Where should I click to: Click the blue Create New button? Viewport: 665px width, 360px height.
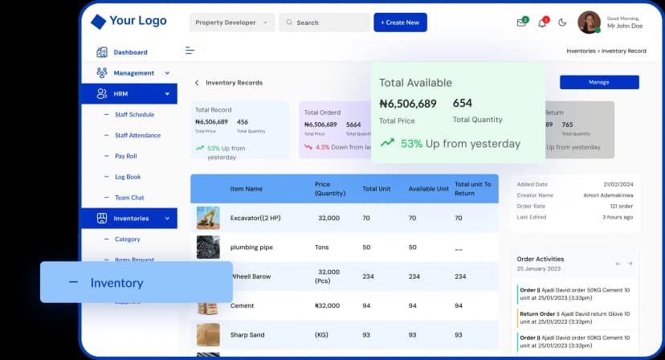click(400, 22)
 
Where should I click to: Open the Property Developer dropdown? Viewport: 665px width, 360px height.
click(231, 22)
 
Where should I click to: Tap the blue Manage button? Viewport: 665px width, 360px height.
click(598, 82)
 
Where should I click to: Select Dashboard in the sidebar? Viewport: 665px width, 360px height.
click(129, 52)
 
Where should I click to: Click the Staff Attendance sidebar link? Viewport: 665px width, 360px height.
click(137, 135)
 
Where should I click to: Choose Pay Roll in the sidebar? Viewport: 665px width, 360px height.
click(126, 156)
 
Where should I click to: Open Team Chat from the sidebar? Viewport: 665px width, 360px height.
click(129, 198)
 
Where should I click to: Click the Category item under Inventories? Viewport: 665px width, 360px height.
click(127, 239)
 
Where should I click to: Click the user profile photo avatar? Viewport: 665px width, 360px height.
click(589, 22)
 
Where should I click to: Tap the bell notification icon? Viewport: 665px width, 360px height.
click(542, 22)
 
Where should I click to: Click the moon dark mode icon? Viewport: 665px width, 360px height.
click(562, 22)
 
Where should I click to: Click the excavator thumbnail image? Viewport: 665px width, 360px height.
click(208, 218)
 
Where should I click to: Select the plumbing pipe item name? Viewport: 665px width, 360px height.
click(251, 247)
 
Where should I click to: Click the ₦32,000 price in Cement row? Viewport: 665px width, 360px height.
click(327, 306)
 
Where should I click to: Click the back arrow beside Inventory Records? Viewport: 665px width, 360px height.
click(197, 83)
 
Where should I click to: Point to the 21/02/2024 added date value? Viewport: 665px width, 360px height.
click(618, 184)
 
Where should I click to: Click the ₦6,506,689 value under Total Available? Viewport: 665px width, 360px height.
click(408, 104)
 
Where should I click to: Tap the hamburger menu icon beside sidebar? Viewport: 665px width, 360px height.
click(190, 51)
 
